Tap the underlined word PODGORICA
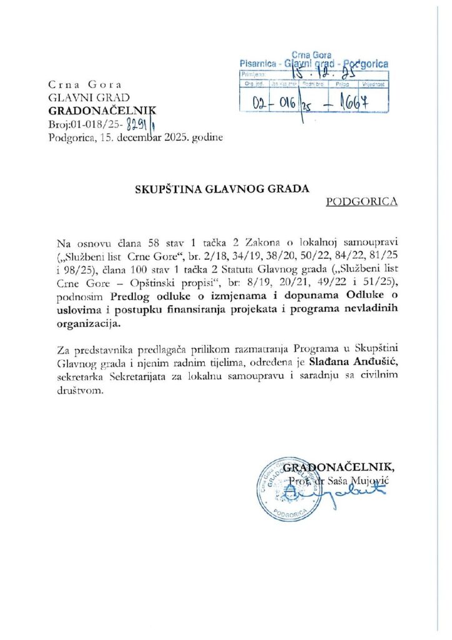tap(361, 202)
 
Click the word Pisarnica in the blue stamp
tap(258, 64)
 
